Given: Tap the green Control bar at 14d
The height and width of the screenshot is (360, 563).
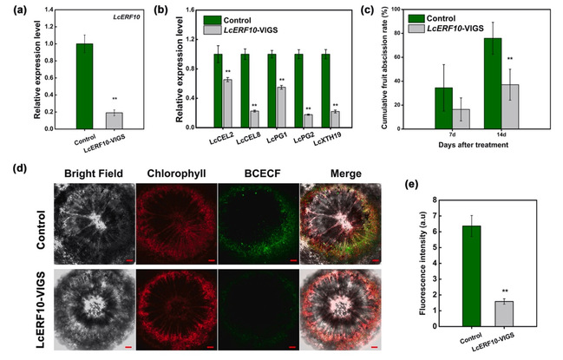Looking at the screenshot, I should point(492,83).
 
